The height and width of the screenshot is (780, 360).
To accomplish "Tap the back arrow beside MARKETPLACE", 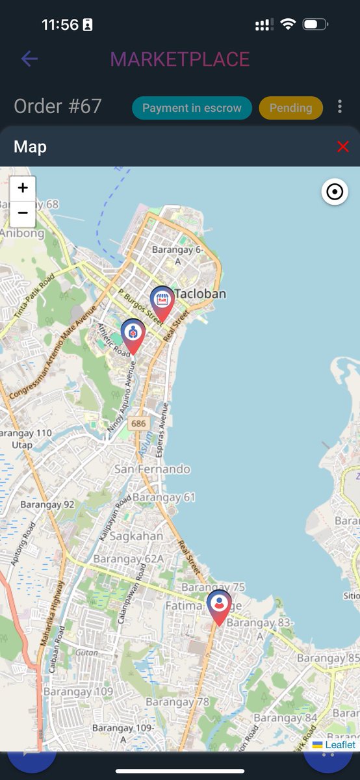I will point(29,59).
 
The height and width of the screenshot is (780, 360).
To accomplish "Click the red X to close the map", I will point(343,146).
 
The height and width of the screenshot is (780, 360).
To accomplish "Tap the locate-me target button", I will point(335,192).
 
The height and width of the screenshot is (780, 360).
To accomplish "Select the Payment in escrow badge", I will point(192,108).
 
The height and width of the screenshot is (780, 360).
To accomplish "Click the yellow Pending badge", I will point(290,108).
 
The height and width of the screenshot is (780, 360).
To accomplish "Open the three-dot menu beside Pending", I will point(340,107).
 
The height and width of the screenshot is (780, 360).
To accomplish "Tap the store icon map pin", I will point(162,301).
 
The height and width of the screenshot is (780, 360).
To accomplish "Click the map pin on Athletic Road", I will point(133,333).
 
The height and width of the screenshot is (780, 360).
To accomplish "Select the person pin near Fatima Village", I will point(219,604).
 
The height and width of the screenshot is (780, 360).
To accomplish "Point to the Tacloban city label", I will point(200,294).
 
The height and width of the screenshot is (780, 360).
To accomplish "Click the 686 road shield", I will point(138,424).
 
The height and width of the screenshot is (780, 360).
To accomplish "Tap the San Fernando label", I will point(152,469).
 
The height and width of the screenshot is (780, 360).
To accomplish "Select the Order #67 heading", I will point(58,107).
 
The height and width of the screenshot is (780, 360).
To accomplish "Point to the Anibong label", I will point(22,233).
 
